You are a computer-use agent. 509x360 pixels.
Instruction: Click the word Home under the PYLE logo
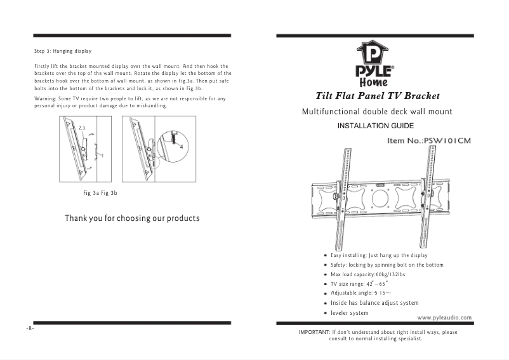[x=374, y=82]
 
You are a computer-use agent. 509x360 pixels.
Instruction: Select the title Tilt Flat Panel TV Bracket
[x=378, y=96]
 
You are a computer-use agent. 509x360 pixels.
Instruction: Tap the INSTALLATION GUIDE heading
[x=376, y=126]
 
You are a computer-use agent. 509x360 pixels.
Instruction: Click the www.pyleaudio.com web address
[x=444, y=317]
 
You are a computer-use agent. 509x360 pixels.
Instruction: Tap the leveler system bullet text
[x=349, y=313]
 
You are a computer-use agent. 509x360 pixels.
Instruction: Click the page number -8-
[x=30, y=329]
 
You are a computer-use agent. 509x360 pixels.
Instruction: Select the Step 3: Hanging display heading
[x=63, y=51]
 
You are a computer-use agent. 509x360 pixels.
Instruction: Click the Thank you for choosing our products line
[x=132, y=218]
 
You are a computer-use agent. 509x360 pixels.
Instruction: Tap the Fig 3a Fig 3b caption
[x=100, y=192]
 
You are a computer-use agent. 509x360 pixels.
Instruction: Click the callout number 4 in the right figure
[x=182, y=147]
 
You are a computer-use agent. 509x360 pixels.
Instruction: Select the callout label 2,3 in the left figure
[x=81, y=128]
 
